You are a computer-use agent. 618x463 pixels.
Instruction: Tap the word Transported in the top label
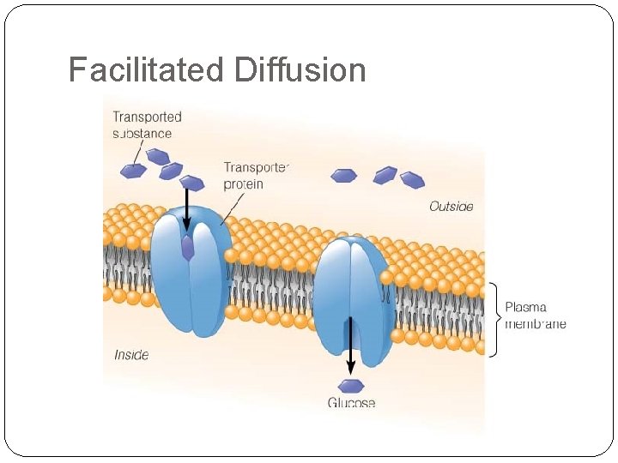[148, 117]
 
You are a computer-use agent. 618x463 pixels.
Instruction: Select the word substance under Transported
[142, 134]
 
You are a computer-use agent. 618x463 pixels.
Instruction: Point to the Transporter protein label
[257, 175]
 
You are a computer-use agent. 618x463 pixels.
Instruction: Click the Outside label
[451, 207]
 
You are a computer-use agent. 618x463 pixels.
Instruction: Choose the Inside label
[131, 354]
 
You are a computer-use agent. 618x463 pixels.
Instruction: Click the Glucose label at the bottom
[351, 403]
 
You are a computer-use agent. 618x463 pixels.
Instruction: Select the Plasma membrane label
[535, 315]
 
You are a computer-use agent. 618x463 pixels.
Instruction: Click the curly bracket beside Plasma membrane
[494, 318]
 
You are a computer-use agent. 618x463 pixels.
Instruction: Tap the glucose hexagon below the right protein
[350, 385]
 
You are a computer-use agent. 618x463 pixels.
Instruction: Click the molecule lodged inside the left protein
[188, 249]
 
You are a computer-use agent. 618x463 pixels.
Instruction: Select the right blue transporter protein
[351, 296]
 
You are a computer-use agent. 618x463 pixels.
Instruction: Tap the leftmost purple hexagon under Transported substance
[133, 171]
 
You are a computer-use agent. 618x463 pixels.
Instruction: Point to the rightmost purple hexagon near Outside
[413, 180]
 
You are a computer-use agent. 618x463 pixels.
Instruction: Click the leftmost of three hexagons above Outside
[344, 176]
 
